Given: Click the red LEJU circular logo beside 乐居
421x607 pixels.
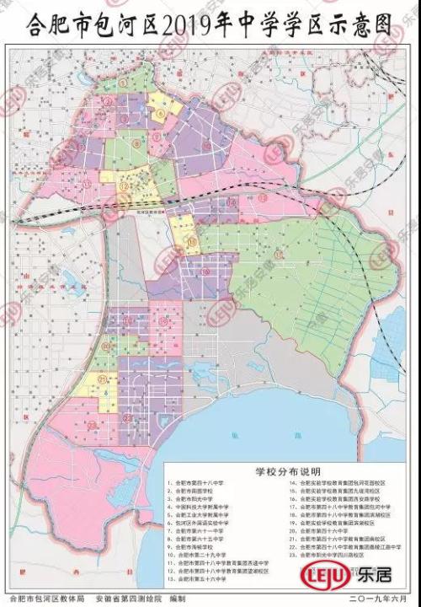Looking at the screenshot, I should (x=317, y=578).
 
